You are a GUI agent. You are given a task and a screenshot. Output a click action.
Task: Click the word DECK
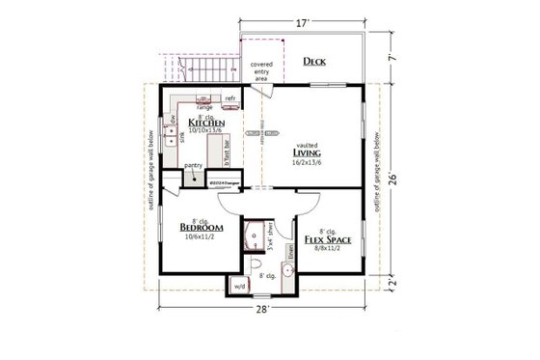[x=314, y=62]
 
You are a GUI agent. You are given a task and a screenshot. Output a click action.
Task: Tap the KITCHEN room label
[x=207, y=124]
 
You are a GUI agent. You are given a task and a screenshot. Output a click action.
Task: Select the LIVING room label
[x=313, y=151]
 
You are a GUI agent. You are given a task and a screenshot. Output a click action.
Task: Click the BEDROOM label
[x=202, y=229]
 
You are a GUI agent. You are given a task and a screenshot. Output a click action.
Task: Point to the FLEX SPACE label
[x=327, y=236]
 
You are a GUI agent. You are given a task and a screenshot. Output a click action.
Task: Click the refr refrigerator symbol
[x=231, y=98]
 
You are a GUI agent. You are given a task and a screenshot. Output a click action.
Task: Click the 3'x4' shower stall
[x=256, y=233]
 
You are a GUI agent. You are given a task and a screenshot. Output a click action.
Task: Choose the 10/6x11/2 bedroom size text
[x=202, y=239]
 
